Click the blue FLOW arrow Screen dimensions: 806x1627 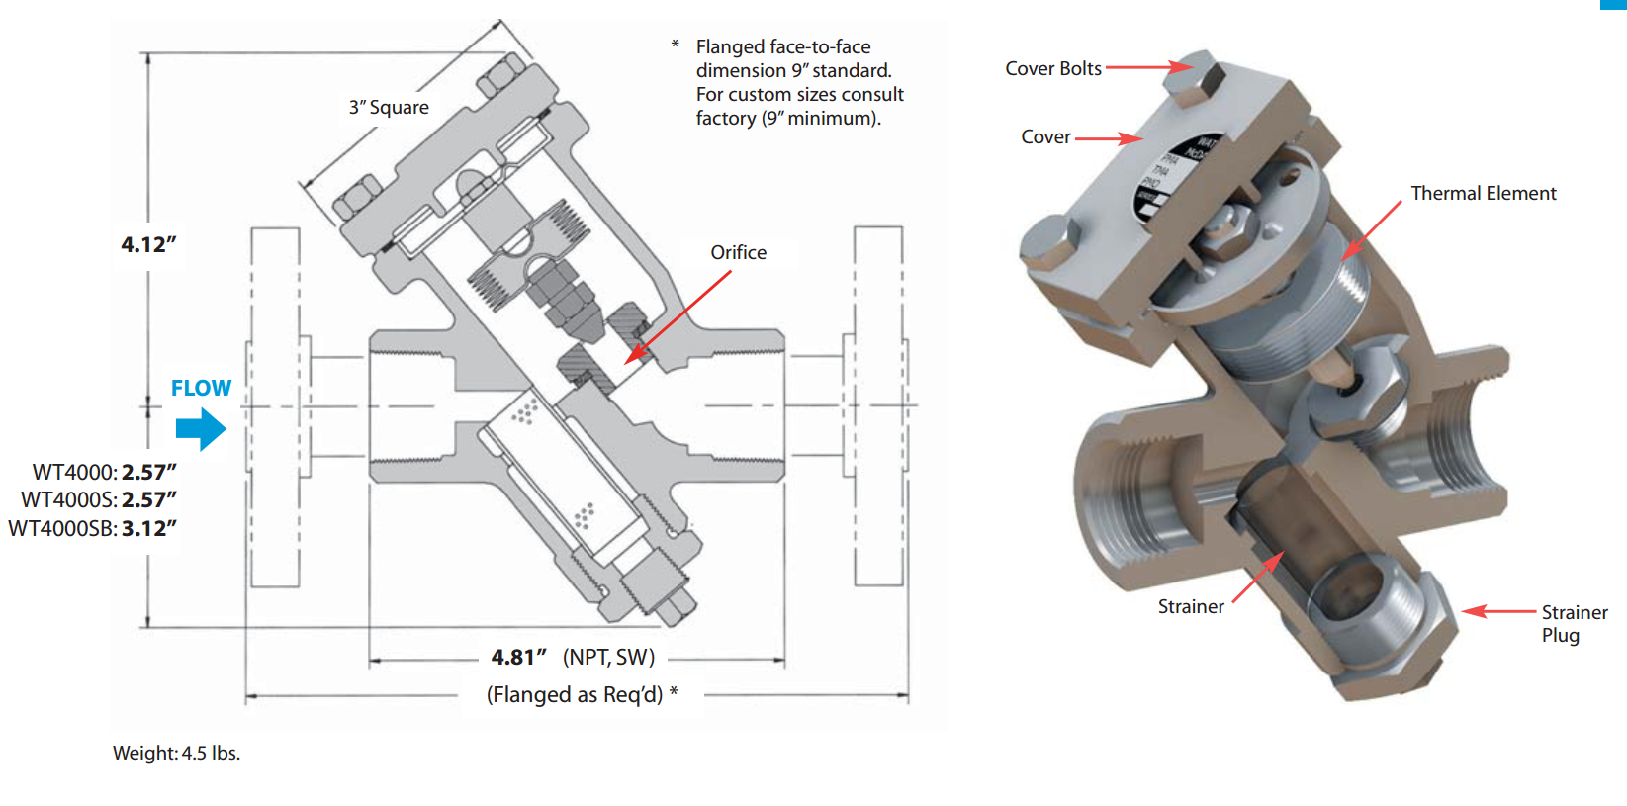[201, 428]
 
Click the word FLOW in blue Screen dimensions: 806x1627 [201, 388]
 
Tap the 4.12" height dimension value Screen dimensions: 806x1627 [148, 244]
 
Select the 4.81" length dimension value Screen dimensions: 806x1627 [518, 658]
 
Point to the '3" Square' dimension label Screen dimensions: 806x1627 [389, 108]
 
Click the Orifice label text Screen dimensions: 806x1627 [738, 252]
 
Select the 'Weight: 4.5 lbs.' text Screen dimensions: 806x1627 [176, 753]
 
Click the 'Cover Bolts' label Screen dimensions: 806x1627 [1052, 68]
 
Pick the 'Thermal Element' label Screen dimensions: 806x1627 [1483, 193]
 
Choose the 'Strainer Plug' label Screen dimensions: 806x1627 [1573, 624]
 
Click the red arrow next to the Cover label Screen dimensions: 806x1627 [1109, 138]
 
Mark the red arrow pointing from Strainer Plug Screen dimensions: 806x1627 [1499, 611]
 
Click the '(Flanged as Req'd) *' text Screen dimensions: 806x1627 [582, 695]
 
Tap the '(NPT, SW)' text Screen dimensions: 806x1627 [608, 658]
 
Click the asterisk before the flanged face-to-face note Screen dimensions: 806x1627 [675, 45]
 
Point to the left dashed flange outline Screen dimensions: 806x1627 [274, 405]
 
